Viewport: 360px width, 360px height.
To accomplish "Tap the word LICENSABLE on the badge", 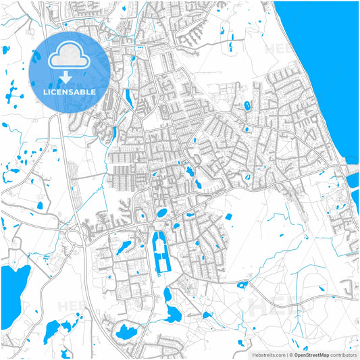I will pyautogui.click(x=70, y=91).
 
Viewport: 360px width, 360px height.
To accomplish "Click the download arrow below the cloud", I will pyautogui.click(x=70, y=75).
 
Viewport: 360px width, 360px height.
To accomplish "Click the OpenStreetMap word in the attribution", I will pyautogui.click(x=311, y=354).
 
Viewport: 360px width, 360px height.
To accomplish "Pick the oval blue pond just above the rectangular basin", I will pyautogui.click(x=162, y=213).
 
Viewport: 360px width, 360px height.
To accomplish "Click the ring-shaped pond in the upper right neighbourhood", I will pyautogui.click(x=247, y=106).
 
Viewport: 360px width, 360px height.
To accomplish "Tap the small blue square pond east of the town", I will pyautogui.click(x=228, y=216).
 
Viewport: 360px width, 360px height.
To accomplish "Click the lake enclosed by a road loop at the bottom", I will pyautogui.click(x=126, y=332).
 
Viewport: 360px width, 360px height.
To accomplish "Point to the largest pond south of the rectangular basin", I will pyautogui.click(x=173, y=313).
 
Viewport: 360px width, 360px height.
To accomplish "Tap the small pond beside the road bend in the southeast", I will pyautogui.click(x=241, y=284).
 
